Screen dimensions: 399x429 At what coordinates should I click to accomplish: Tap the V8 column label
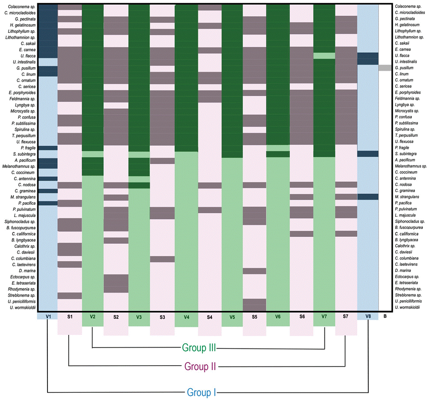click(x=367, y=316)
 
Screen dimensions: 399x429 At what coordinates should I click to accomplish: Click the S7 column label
click(x=346, y=316)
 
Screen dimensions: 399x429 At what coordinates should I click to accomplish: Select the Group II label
click(x=200, y=366)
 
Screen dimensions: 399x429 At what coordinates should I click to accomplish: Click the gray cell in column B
click(x=385, y=68)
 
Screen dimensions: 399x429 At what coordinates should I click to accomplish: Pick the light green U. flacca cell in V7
click(x=324, y=56)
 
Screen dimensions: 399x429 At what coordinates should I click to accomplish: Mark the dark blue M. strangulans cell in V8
click(x=367, y=197)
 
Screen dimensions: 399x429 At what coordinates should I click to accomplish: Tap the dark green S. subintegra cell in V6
click(x=278, y=154)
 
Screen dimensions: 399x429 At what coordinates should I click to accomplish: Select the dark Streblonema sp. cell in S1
click(x=69, y=295)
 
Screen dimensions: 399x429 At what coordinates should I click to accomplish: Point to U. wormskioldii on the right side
click(x=408, y=308)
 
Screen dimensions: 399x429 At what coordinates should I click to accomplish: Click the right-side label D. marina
click(x=404, y=271)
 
